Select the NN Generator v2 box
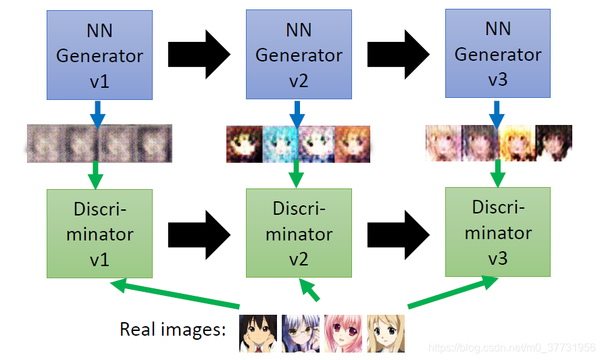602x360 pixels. [x=299, y=54]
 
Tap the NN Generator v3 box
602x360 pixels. [x=498, y=53]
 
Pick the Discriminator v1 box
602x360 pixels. [x=99, y=234]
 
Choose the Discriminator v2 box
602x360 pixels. [x=299, y=234]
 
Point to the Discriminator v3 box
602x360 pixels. [x=498, y=232]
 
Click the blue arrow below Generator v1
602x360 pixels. [x=98, y=113]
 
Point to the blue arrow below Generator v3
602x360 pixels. [x=497, y=113]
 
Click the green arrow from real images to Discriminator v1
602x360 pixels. [x=176, y=295]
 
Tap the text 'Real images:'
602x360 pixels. [x=172, y=330]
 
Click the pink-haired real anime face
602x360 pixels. [x=343, y=333]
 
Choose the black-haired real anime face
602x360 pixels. [x=258, y=333]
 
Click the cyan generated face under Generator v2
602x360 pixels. [x=280, y=144]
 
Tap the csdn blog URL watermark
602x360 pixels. [x=513, y=348]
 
